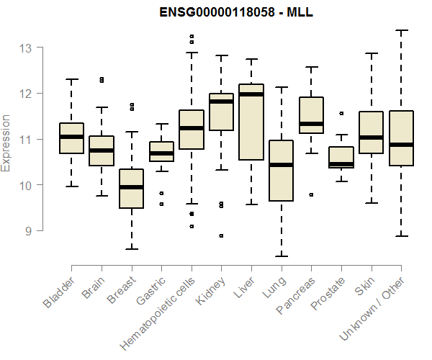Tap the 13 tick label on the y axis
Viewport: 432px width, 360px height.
click(x=27, y=48)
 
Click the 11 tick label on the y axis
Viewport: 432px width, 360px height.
click(x=27, y=140)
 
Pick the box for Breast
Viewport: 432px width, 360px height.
click(x=131, y=189)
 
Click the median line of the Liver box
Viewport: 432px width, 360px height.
click(x=251, y=94)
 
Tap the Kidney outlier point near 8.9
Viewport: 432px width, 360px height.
click(x=221, y=235)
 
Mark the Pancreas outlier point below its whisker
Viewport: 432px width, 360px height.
click(x=311, y=194)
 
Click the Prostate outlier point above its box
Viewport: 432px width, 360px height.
click(x=341, y=113)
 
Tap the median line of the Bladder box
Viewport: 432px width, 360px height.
click(x=71, y=137)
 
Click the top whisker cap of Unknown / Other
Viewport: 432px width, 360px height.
click(x=401, y=30)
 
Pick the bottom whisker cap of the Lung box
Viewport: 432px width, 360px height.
click(x=281, y=256)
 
